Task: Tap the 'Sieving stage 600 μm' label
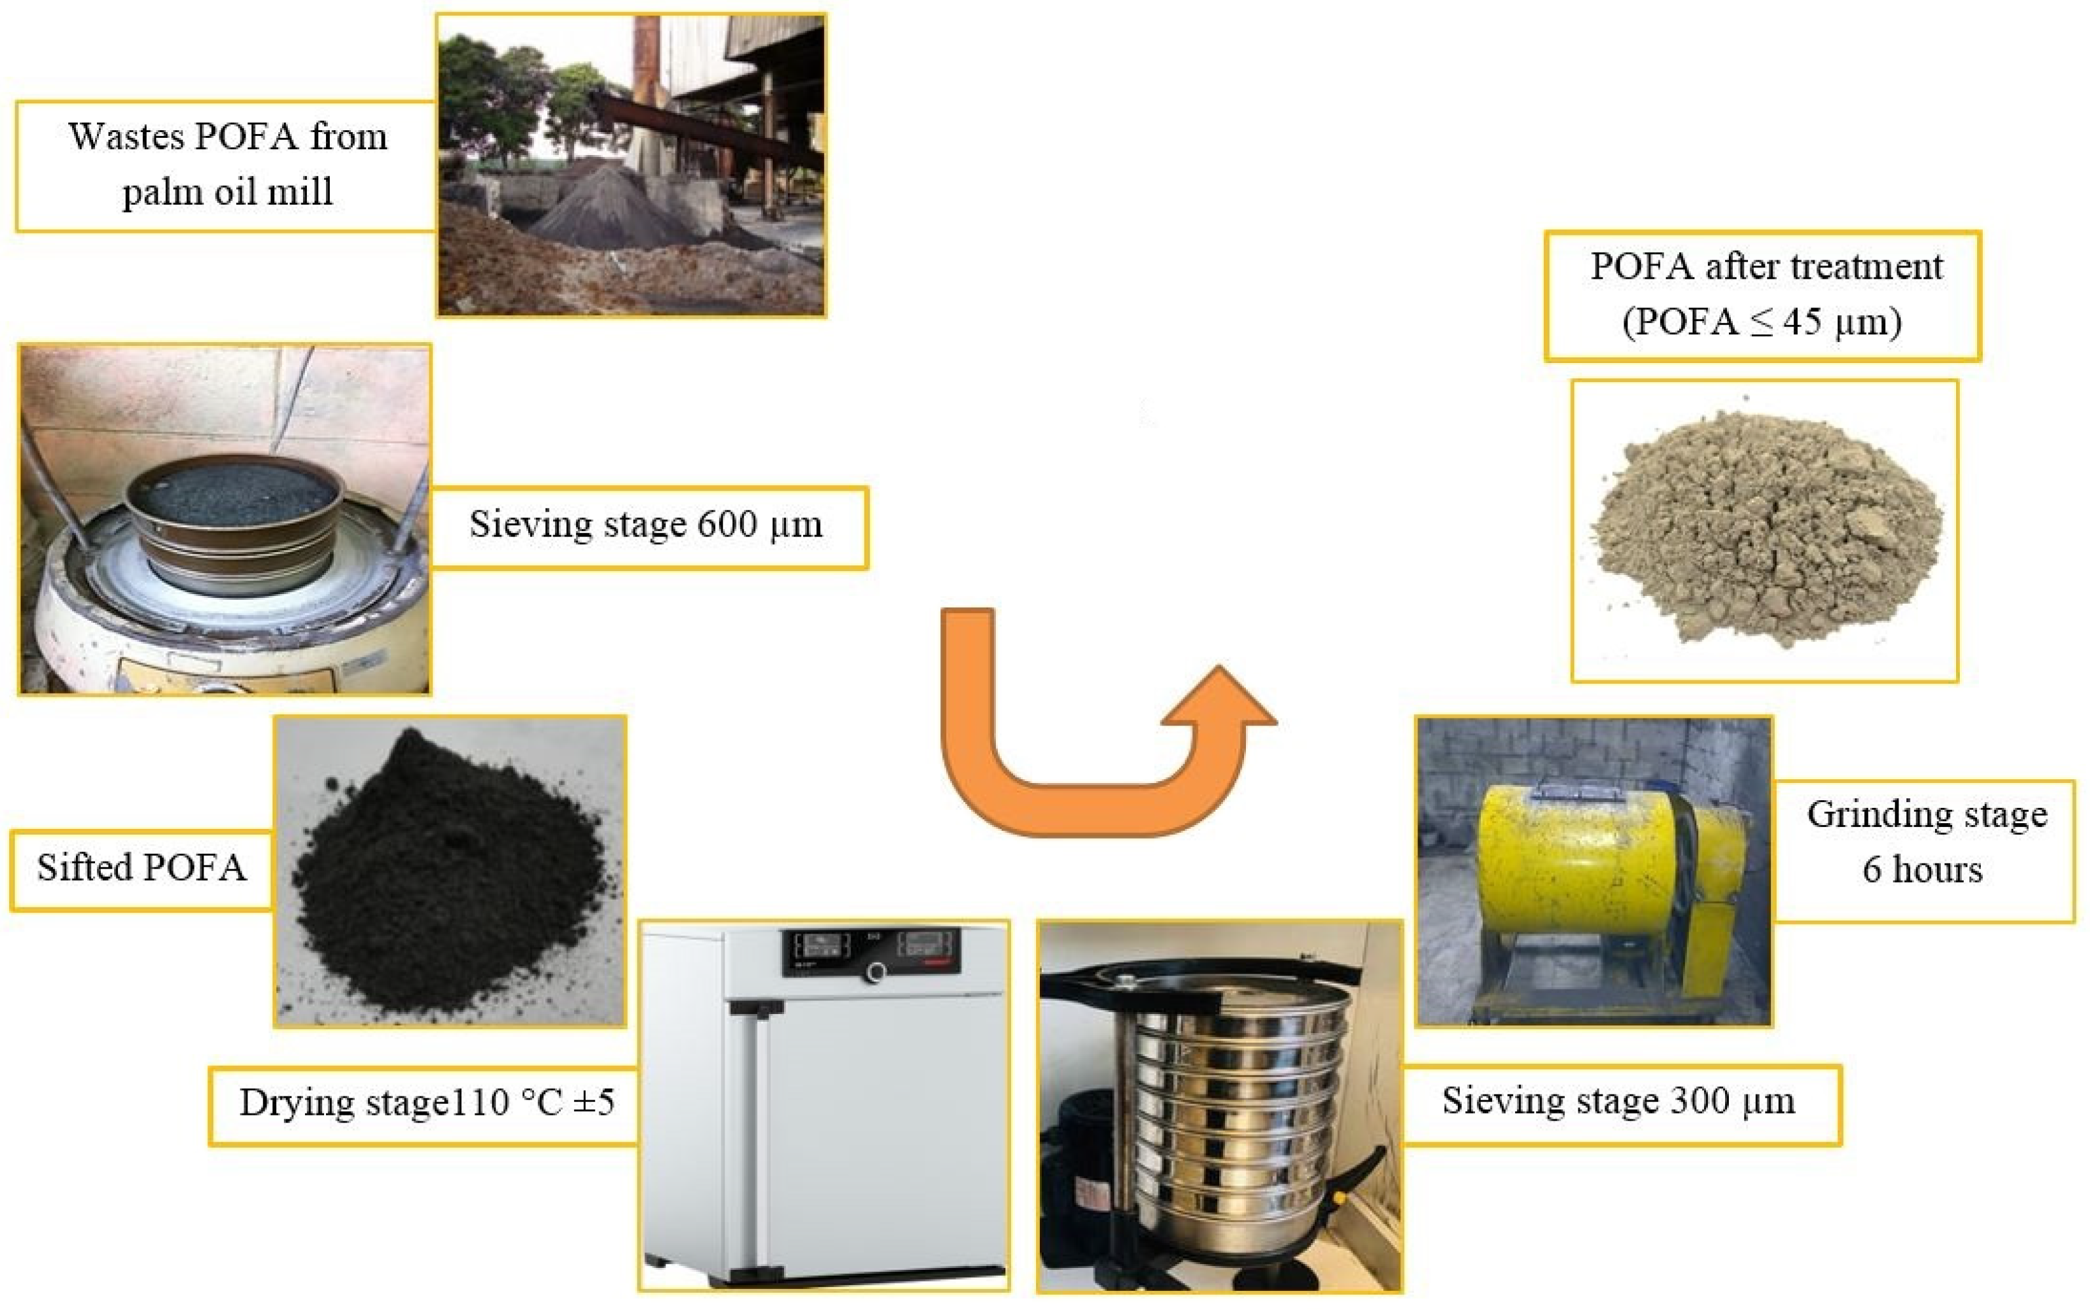click(x=647, y=526)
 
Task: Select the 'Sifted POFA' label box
click(x=142, y=868)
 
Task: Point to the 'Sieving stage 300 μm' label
click(x=1619, y=1102)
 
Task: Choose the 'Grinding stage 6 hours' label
click(x=1926, y=842)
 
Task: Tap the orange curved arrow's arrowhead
click(x=1219, y=699)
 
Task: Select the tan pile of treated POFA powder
click(x=1765, y=529)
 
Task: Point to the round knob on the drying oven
click(x=876, y=973)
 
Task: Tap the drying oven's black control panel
click(x=872, y=952)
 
